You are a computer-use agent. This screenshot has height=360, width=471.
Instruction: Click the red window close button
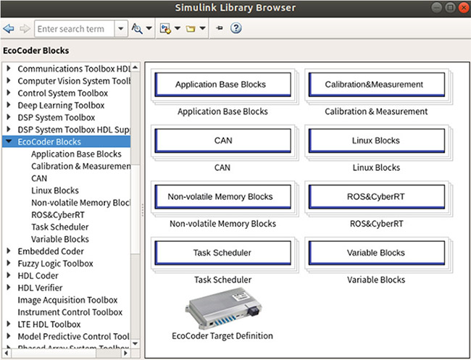click(x=464, y=8)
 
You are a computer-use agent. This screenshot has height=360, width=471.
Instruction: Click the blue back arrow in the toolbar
click(x=9, y=29)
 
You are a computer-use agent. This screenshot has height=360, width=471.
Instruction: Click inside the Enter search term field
click(x=74, y=29)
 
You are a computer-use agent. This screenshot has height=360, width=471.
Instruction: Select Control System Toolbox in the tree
click(x=63, y=93)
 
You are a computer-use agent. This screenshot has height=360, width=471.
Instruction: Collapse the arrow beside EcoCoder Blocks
click(x=9, y=141)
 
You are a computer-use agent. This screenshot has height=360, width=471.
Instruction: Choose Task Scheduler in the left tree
click(x=59, y=227)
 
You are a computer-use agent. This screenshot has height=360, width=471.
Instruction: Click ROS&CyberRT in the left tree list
click(x=58, y=215)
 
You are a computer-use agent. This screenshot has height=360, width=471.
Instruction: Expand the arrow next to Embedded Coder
click(x=9, y=251)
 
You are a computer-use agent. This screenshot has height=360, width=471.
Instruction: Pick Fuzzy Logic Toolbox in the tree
click(x=55, y=264)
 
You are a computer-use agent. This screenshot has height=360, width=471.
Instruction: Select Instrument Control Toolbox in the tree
click(x=70, y=312)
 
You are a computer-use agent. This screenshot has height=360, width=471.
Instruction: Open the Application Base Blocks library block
click(x=223, y=85)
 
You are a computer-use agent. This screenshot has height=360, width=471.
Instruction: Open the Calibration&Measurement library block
click(x=377, y=85)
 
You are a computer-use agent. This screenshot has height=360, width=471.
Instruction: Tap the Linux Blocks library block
click(x=377, y=141)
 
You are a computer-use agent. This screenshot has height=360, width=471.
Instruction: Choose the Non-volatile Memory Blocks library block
click(x=223, y=197)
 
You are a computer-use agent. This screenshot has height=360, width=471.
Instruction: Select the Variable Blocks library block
click(x=377, y=253)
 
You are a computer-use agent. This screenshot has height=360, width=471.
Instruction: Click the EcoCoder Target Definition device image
click(x=223, y=309)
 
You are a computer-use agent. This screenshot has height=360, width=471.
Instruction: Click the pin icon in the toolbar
click(x=220, y=28)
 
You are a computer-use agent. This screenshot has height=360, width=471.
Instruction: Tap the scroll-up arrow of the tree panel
click(x=136, y=67)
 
